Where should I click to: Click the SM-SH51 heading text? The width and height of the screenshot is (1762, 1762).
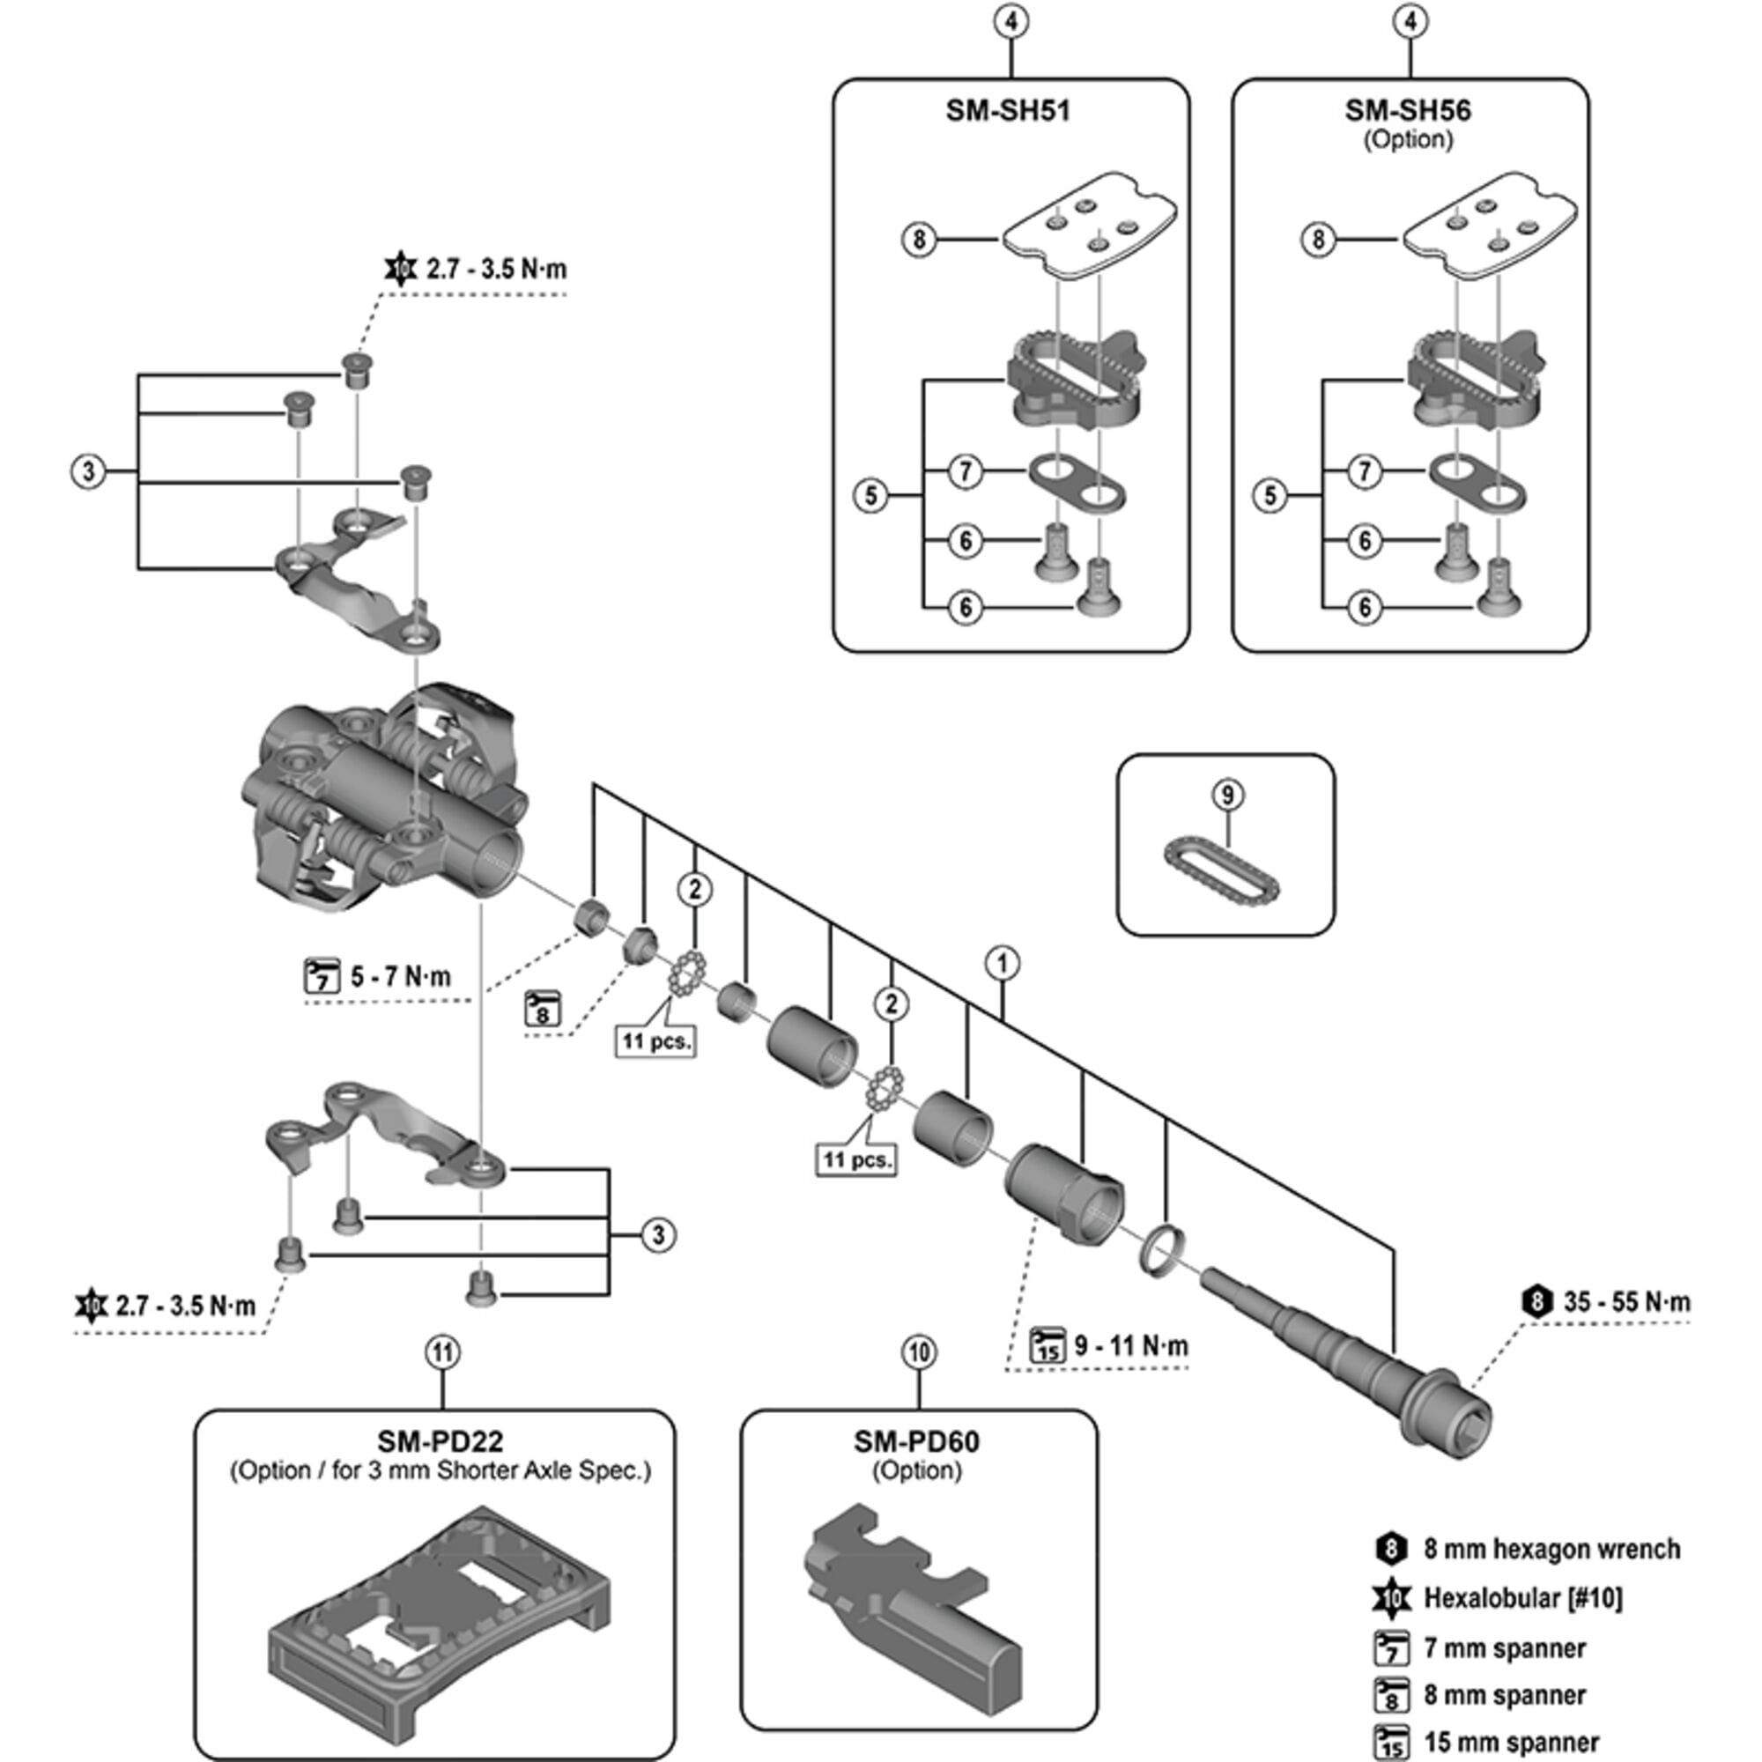pyautogui.click(x=1007, y=111)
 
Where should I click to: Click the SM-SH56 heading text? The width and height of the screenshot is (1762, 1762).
pyautogui.click(x=1407, y=111)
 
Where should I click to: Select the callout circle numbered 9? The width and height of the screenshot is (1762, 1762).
pyautogui.click(x=1227, y=795)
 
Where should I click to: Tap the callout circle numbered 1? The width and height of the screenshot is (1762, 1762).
pyautogui.click(x=1003, y=963)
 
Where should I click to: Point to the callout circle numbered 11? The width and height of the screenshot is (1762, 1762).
pyautogui.click(x=442, y=1351)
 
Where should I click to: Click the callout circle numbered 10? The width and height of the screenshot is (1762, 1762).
pyautogui.click(x=918, y=1351)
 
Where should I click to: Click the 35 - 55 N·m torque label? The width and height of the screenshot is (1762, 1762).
pyautogui.click(x=1625, y=1301)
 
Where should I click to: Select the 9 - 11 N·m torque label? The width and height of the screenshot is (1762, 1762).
pyautogui.click(x=1130, y=1345)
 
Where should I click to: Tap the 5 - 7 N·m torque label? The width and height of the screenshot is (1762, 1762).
pyautogui.click(x=399, y=977)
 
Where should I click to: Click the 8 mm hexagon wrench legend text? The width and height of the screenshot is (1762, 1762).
pyautogui.click(x=1551, y=1549)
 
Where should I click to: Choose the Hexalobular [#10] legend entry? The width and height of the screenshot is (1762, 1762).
pyautogui.click(x=1522, y=1599)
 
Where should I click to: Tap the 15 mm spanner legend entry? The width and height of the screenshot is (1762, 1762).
pyautogui.click(x=1511, y=1742)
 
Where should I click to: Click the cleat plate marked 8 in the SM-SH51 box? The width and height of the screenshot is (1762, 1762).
pyautogui.click(x=1088, y=226)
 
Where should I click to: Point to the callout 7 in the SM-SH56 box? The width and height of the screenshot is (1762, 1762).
pyautogui.click(x=1365, y=471)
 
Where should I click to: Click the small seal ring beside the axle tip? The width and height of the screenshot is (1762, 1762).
pyautogui.click(x=1162, y=1250)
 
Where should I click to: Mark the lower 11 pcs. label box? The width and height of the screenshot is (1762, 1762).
pyautogui.click(x=855, y=1160)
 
